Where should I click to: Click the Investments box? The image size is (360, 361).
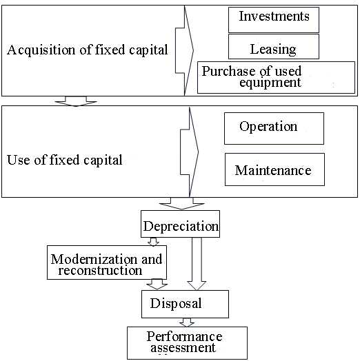pos(274,20)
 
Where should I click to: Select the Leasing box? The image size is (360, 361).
pos(274,47)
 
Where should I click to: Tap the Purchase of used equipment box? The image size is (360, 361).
pos(276,77)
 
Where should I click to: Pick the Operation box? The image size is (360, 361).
pos(274,128)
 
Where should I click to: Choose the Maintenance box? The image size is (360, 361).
pos(274,169)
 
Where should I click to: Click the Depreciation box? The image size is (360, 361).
pos(180,224)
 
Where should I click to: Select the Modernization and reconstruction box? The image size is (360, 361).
pos(107,262)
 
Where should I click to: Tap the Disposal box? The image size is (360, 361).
pos(185,304)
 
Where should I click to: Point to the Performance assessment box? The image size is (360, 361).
pos(187,343)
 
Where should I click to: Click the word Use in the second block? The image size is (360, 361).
pos(19,160)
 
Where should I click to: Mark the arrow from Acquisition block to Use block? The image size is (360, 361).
pos(76,101)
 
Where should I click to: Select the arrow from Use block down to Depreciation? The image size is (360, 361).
pos(181,203)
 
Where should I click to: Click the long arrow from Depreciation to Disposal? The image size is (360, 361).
pos(197,264)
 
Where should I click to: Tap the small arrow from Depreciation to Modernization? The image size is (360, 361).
pos(153,242)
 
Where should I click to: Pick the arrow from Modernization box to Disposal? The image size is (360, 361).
pos(157,285)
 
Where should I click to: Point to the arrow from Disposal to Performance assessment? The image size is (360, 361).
pos(187,322)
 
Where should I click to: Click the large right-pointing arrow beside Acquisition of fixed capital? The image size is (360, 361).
pos(184,50)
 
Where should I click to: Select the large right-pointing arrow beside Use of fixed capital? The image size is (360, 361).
pos(189,152)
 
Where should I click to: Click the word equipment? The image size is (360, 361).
pos(270,83)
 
